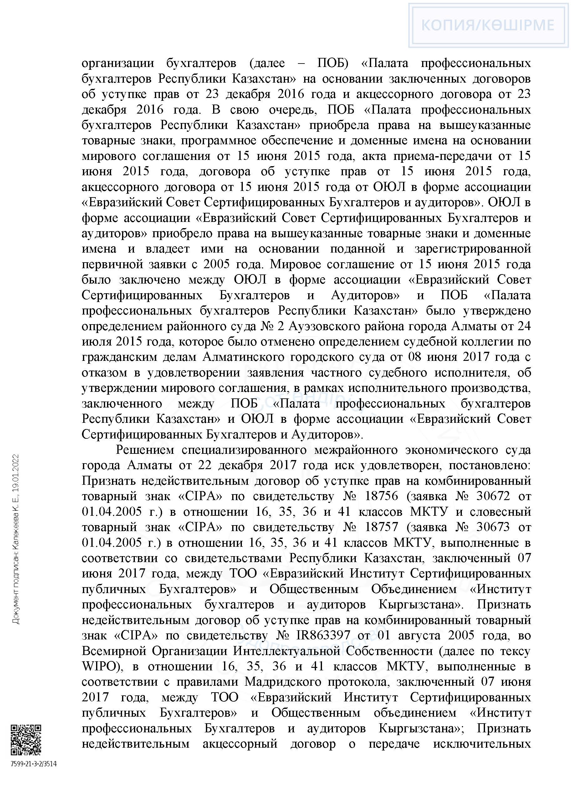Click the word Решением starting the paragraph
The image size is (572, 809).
coord(145,450)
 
